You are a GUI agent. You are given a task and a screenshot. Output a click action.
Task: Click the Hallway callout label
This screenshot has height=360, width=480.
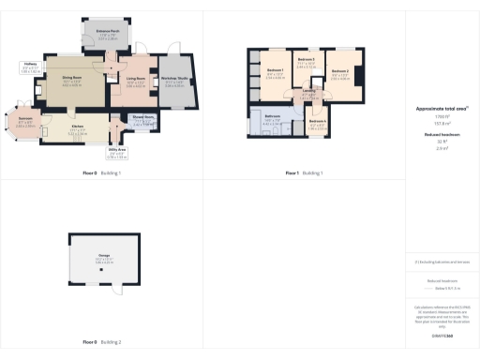[x=29, y=67]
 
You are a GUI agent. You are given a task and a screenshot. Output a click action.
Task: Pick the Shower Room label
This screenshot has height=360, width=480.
[x=142, y=118]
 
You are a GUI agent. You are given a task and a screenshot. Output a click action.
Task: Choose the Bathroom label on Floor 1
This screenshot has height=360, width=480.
[x=272, y=120]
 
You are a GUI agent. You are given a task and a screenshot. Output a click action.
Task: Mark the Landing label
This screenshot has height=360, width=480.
[x=308, y=94]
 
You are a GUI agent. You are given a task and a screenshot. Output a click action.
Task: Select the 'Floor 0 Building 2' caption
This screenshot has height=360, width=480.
[x=102, y=341]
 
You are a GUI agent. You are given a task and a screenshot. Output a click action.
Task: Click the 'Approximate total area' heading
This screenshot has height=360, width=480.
[x=442, y=109]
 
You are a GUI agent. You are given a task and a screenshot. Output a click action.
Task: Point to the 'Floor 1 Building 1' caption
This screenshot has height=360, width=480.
[x=304, y=173]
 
